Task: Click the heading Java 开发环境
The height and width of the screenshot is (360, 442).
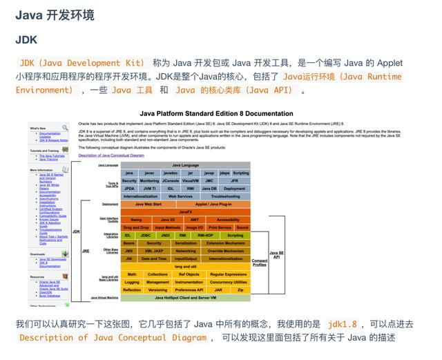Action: [55, 15]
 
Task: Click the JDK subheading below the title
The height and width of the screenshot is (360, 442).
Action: [26, 40]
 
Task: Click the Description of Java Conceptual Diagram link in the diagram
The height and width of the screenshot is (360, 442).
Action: [111, 155]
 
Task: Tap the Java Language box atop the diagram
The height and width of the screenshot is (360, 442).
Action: [185, 165]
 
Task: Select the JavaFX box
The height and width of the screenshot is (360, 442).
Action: [185, 211]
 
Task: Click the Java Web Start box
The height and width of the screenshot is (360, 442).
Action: [148, 204]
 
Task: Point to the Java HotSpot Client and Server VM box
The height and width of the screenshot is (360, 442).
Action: [185, 297]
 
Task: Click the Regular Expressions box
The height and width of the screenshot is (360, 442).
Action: [228, 274]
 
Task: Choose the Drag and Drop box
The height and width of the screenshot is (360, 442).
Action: [136, 227]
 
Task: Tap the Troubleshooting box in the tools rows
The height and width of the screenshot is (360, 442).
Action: [225, 196]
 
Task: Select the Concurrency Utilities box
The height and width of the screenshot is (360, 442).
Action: [228, 282]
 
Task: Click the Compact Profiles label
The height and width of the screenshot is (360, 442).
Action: [260, 262]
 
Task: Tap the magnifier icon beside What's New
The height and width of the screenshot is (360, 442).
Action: [65, 127]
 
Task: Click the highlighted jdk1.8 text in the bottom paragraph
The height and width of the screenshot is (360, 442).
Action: [343, 323]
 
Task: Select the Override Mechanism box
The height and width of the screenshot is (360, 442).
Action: [225, 251]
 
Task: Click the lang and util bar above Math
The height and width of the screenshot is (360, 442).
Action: [185, 266]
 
